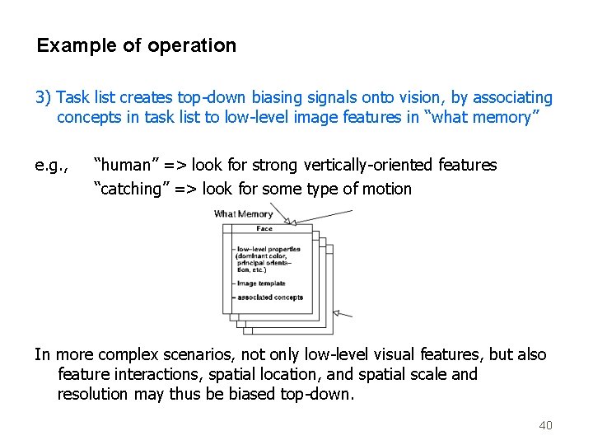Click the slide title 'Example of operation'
(137, 45)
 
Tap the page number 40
(545, 425)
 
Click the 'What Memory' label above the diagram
(243, 214)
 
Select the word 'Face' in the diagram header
(264, 228)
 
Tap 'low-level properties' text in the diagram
(268, 249)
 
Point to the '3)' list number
(44, 97)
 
